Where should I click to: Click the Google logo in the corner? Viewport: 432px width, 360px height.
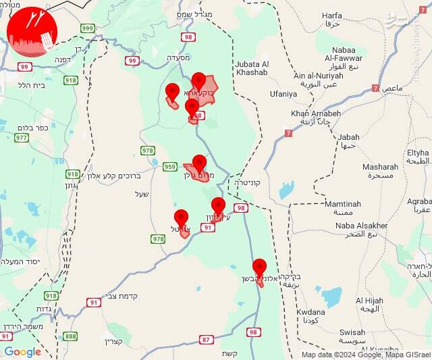click(x=22, y=351)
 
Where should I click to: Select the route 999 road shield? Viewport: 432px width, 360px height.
click(x=87, y=28)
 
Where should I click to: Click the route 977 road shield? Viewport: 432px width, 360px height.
click(x=22, y=138)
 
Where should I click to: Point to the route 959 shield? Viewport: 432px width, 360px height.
click(x=169, y=166)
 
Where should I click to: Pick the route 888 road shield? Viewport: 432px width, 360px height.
click(x=70, y=336)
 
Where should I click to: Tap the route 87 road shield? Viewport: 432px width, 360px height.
click(x=206, y=339)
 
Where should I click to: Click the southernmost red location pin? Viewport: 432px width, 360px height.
click(x=259, y=267)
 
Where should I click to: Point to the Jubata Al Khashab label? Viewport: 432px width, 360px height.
click(x=252, y=68)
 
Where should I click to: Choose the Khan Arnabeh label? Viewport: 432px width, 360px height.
click(x=315, y=113)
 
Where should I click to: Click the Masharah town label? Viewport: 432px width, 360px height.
click(x=380, y=166)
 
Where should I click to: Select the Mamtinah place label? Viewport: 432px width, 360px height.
click(x=342, y=204)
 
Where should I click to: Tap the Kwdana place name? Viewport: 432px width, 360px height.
click(x=310, y=312)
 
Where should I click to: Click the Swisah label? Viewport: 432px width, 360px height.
click(x=352, y=332)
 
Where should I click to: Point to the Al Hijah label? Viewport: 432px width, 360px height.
click(x=369, y=301)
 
